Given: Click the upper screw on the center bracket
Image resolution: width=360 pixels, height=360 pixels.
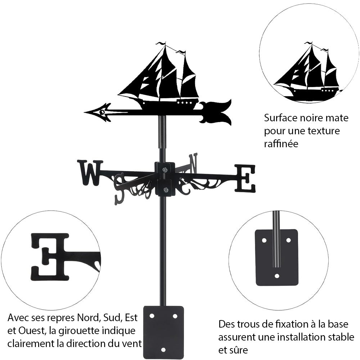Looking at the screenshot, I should click(165, 170).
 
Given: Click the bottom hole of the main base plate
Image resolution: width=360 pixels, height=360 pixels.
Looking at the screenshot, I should click(163, 350).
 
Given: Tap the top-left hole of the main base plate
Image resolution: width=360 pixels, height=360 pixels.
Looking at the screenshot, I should click(152, 316).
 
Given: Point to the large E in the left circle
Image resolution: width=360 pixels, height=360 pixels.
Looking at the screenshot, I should click(50, 256).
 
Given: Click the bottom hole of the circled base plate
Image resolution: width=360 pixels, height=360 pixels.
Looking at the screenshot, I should click(276, 276).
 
